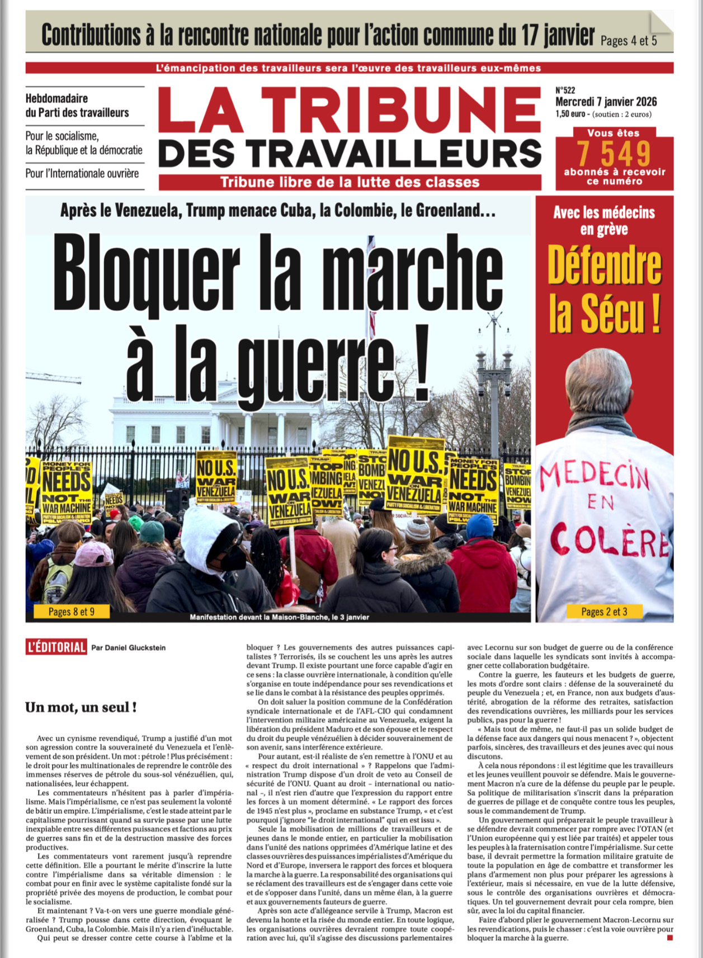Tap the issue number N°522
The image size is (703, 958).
coord(565,90)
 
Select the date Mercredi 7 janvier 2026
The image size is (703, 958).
coord(606,102)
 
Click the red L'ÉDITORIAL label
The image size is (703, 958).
coord(56,647)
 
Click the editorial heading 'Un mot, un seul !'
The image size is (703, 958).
coord(81,707)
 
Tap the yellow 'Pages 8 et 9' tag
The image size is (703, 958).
coord(71,611)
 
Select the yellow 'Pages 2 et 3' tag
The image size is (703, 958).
coord(604,611)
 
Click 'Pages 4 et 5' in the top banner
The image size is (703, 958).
coord(628,41)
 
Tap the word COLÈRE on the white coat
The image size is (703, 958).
coord(610,540)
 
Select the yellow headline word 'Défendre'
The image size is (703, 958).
coord(605,266)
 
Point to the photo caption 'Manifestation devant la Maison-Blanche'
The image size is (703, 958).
coord(279,617)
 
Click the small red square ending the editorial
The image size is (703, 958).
coord(669,937)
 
